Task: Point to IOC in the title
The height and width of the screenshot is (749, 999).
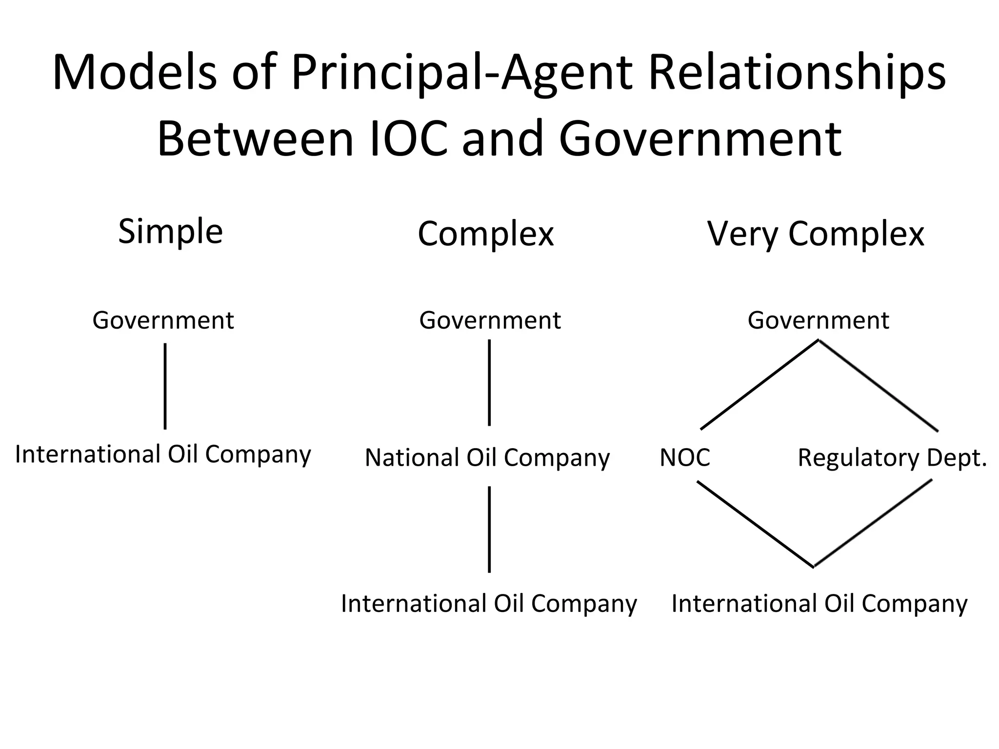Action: [409, 139]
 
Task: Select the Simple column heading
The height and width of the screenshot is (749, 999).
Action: [170, 231]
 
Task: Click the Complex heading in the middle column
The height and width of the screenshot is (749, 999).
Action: [486, 234]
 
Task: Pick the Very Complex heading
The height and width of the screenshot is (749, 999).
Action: [816, 234]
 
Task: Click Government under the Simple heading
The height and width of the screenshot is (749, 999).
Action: [163, 320]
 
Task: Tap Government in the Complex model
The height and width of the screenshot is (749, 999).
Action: [490, 320]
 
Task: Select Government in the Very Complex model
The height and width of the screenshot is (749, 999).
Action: [818, 320]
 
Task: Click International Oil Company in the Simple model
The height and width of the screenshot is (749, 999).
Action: [163, 454]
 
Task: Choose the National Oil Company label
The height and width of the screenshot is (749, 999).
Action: [487, 458]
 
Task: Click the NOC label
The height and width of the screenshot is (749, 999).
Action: [685, 458]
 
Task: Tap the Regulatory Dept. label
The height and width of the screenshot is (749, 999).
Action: [892, 458]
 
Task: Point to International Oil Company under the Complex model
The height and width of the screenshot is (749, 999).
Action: [489, 604]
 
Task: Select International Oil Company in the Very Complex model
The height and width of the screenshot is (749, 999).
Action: [819, 604]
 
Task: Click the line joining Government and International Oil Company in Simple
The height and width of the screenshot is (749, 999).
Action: [165, 386]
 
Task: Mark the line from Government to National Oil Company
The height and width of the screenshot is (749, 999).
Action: [489, 383]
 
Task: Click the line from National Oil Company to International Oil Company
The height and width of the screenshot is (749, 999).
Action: [489, 529]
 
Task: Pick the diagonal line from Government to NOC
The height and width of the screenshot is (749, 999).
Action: [759, 385]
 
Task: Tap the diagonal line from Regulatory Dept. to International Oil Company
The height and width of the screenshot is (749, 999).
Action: [873, 523]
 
